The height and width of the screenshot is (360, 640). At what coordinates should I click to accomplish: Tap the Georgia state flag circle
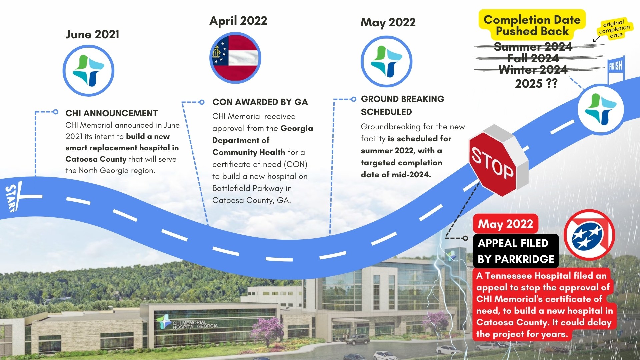[x=235, y=58]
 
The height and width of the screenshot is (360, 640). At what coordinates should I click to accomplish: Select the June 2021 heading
[x=92, y=34]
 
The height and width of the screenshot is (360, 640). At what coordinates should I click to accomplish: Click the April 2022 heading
[x=238, y=21]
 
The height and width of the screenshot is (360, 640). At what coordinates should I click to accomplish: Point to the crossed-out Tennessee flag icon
[x=589, y=235]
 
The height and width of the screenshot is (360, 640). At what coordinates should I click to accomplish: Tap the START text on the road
[x=11, y=198]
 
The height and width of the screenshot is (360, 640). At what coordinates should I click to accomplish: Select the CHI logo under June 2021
[x=88, y=71]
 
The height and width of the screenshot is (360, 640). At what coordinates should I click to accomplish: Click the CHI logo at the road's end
[x=601, y=109]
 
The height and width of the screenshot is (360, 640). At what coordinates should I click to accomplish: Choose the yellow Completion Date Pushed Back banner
[x=532, y=25]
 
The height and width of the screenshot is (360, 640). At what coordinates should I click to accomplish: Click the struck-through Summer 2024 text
[x=533, y=47]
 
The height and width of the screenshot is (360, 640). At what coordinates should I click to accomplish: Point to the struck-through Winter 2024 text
[x=533, y=70]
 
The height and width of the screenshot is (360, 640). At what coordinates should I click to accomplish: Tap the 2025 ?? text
[x=536, y=83]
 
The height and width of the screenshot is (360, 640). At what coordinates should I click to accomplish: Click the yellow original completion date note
[x=614, y=29]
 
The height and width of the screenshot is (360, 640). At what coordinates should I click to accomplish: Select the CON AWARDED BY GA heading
[x=260, y=102]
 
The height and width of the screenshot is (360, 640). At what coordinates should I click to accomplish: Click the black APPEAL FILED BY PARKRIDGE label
[x=516, y=251]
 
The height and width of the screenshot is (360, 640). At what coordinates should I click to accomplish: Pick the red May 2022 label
[x=505, y=224]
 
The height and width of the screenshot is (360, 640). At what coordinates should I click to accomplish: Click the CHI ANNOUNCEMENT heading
[x=111, y=113]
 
